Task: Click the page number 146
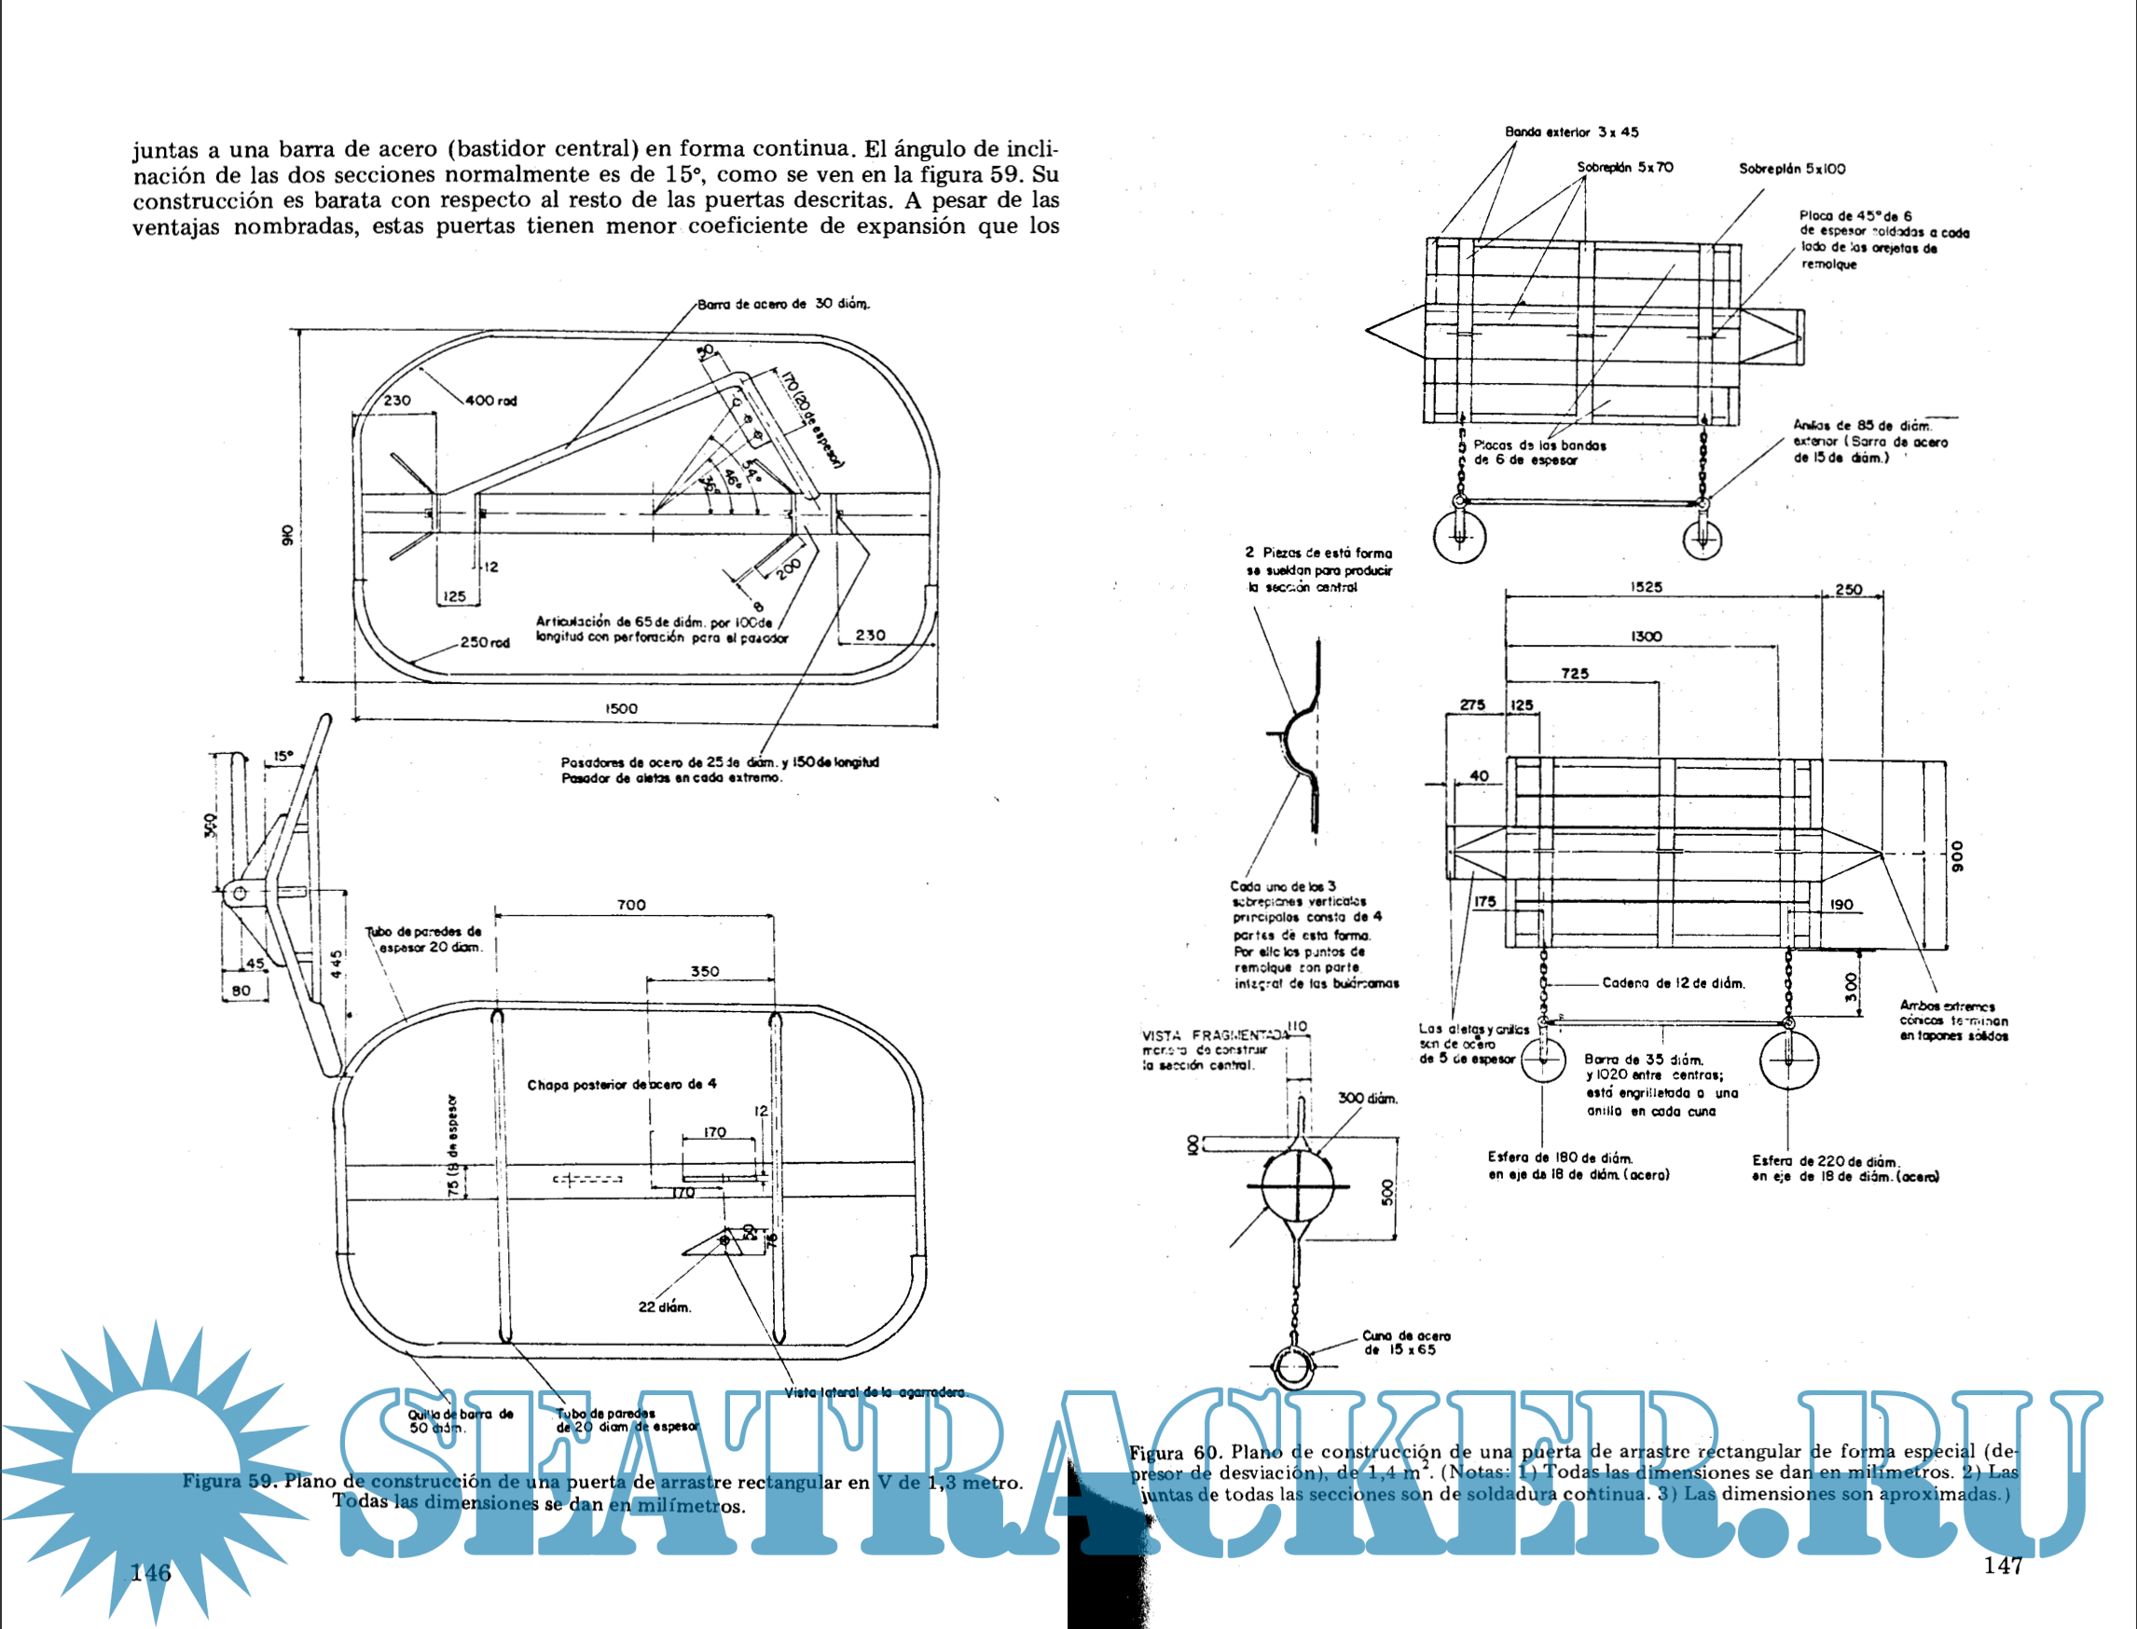tap(150, 1572)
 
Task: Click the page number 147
tap(2002, 1564)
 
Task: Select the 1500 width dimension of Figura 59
tap(621, 708)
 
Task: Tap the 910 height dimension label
tap(287, 534)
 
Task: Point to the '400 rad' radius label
tap(490, 401)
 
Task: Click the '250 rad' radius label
tap(485, 642)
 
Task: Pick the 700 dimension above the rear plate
tap(630, 905)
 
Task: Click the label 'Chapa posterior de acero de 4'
tap(622, 1084)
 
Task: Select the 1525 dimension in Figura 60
tap(1647, 586)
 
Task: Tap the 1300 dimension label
tap(1647, 637)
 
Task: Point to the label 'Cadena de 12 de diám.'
tap(1674, 983)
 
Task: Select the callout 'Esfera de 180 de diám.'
tap(1560, 1157)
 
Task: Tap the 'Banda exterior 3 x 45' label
tap(1571, 132)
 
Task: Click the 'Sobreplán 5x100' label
tap(1792, 169)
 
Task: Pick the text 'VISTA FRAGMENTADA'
tap(1215, 1035)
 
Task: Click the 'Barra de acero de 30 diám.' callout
tap(783, 304)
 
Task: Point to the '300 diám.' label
tap(1367, 1099)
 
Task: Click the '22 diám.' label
tap(665, 1307)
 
